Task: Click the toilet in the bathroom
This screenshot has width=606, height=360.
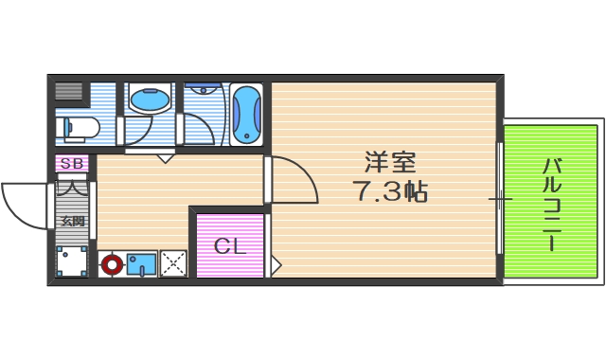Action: point(79,126)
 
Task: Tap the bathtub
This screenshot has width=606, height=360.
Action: point(245,115)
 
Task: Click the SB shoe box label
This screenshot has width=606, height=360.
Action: point(73,164)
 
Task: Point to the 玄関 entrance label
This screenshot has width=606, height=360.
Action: point(73,221)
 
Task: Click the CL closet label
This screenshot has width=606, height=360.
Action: point(230,247)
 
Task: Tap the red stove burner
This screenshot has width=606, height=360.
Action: point(113,264)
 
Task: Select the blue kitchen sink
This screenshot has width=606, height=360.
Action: point(141,263)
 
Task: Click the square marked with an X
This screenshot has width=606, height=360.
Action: point(173,263)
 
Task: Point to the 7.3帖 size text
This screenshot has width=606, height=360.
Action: point(390,191)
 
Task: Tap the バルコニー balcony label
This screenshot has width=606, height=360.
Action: point(552,204)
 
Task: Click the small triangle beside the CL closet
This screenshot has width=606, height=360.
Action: point(276,264)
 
